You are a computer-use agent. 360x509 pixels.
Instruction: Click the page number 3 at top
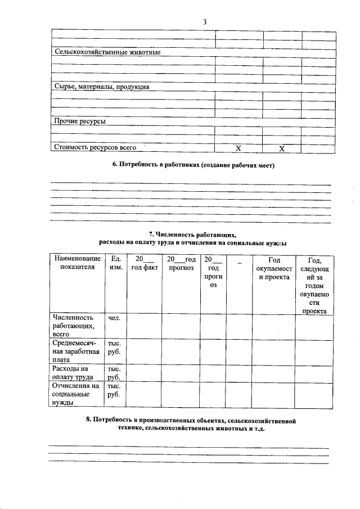pos(205,22)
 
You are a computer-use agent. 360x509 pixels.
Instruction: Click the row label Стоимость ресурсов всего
pos(96,147)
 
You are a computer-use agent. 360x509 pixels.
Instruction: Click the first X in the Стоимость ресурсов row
pos(238,148)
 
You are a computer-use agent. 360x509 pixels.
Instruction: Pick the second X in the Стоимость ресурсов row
pos(282,148)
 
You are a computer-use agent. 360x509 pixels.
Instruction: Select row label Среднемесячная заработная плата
pos(76,352)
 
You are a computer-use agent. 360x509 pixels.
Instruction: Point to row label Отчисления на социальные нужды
pos(75,394)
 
